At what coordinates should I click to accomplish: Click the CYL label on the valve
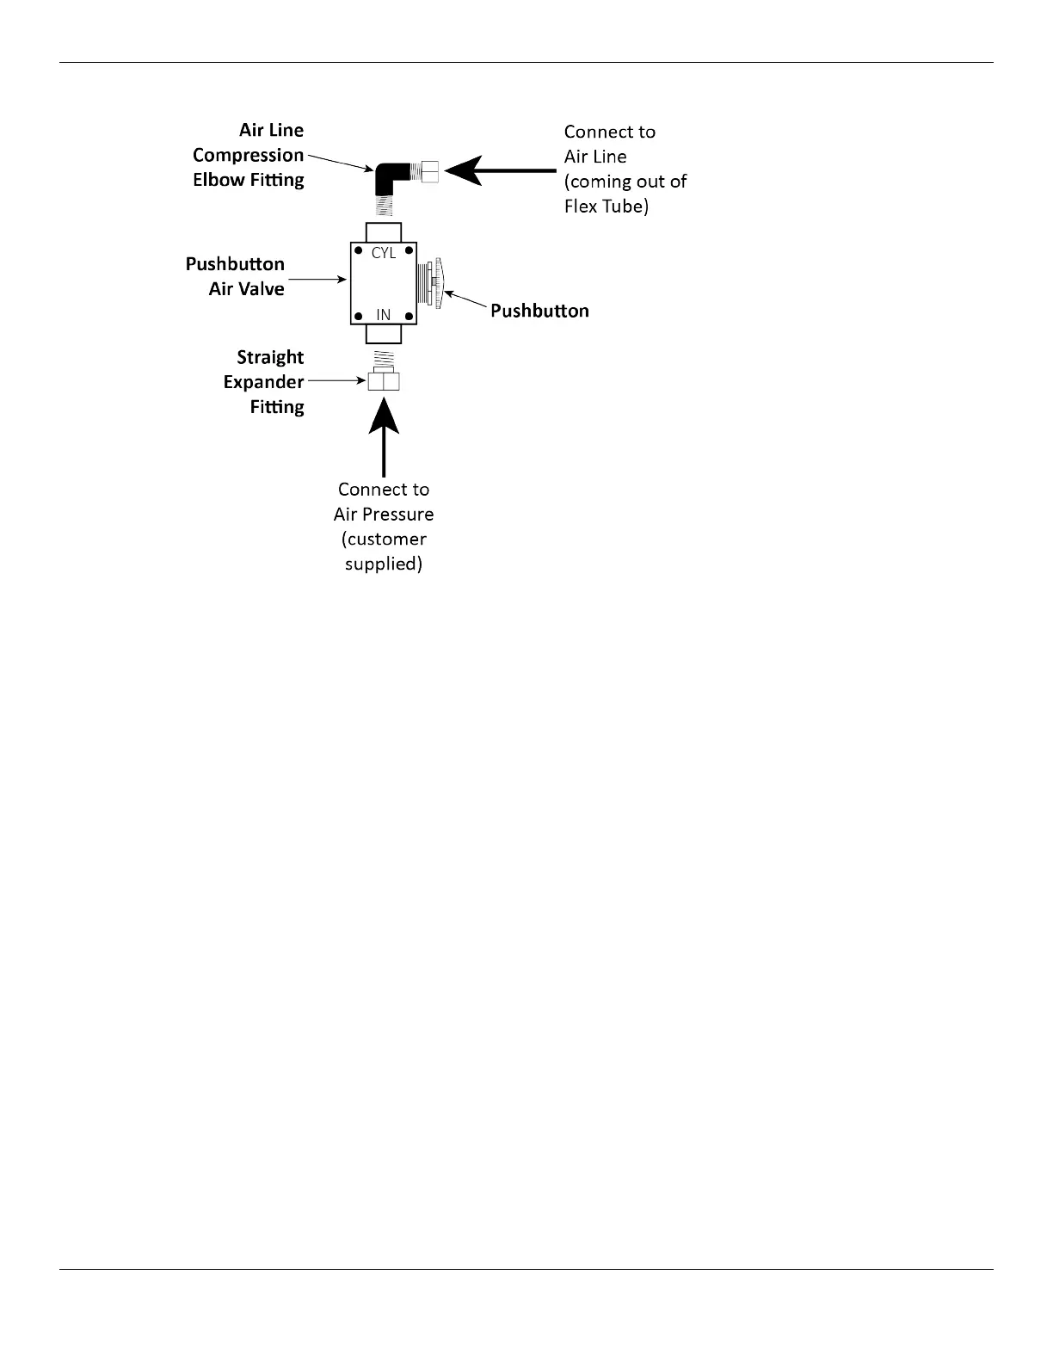coord(384,254)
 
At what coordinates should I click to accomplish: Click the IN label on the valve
coord(384,315)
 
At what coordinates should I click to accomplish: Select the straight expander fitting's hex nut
coord(384,381)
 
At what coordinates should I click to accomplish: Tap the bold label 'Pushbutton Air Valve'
coord(235,276)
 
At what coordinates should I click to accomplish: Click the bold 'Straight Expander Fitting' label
coord(264,381)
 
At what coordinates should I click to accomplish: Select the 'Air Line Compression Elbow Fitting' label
coord(249,155)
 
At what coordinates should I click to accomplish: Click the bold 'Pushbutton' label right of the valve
coord(539,311)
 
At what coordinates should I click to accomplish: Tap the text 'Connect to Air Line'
coord(609,144)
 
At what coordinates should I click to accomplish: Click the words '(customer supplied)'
coord(384,552)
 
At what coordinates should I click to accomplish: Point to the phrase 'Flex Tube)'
coord(606,207)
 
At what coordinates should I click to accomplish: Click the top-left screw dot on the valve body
coord(358,251)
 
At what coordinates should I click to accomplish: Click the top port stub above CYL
coord(384,232)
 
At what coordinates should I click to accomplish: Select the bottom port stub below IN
coord(384,335)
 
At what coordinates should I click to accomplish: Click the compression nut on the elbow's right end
coord(428,171)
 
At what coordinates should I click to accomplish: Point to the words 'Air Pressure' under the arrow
coord(384,514)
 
